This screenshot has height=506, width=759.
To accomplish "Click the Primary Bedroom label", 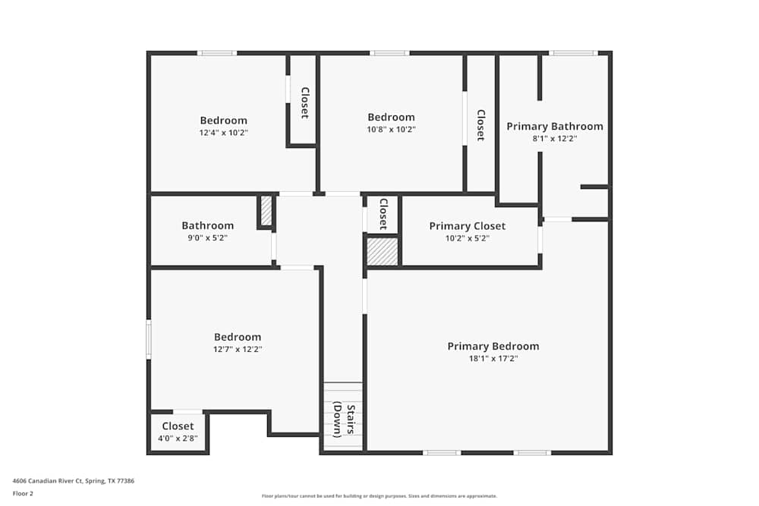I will [x=493, y=346].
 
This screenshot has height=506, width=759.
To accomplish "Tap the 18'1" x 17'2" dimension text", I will [x=493, y=359].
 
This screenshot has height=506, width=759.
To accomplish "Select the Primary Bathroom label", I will [x=555, y=126].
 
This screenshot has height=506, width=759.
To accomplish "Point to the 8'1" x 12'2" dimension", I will [x=555, y=139].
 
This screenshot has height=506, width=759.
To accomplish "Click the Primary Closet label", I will [x=467, y=226].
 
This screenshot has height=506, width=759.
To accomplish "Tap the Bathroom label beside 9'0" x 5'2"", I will [x=207, y=225].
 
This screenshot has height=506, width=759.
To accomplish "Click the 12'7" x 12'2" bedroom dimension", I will [x=237, y=350].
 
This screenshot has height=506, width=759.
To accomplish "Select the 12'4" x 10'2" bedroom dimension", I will [x=223, y=133].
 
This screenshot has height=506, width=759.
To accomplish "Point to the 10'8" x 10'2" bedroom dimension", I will [x=391, y=130].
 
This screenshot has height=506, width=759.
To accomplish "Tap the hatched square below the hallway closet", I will [x=383, y=252].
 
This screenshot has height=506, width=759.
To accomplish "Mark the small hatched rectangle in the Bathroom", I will [x=266, y=211].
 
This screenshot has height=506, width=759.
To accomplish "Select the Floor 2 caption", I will [x=23, y=493].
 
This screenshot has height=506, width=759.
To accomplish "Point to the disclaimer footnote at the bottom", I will [x=379, y=496].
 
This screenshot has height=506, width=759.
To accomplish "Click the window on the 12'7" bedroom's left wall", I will [x=149, y=339].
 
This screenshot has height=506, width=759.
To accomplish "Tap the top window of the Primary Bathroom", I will [x=573, y=53].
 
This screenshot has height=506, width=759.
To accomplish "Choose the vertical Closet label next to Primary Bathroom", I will [x=480, y=125].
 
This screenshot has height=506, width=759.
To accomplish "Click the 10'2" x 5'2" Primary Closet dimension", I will [x=467, y=238].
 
